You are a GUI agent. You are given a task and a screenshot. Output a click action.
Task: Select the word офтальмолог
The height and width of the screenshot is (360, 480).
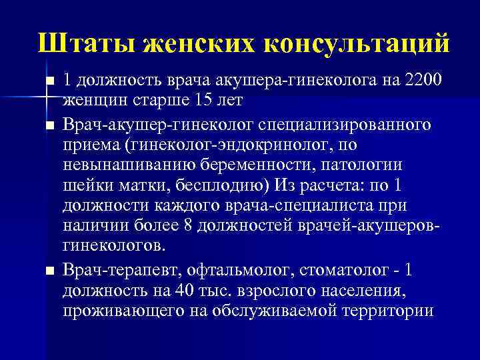point(249,269)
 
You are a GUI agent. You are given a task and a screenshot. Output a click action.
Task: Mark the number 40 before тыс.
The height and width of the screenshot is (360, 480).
point(186,291)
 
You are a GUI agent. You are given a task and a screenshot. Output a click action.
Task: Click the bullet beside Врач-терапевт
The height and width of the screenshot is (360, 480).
point(49,271)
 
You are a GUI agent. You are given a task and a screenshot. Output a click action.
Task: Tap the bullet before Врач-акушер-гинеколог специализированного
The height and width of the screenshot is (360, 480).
point(49,125)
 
